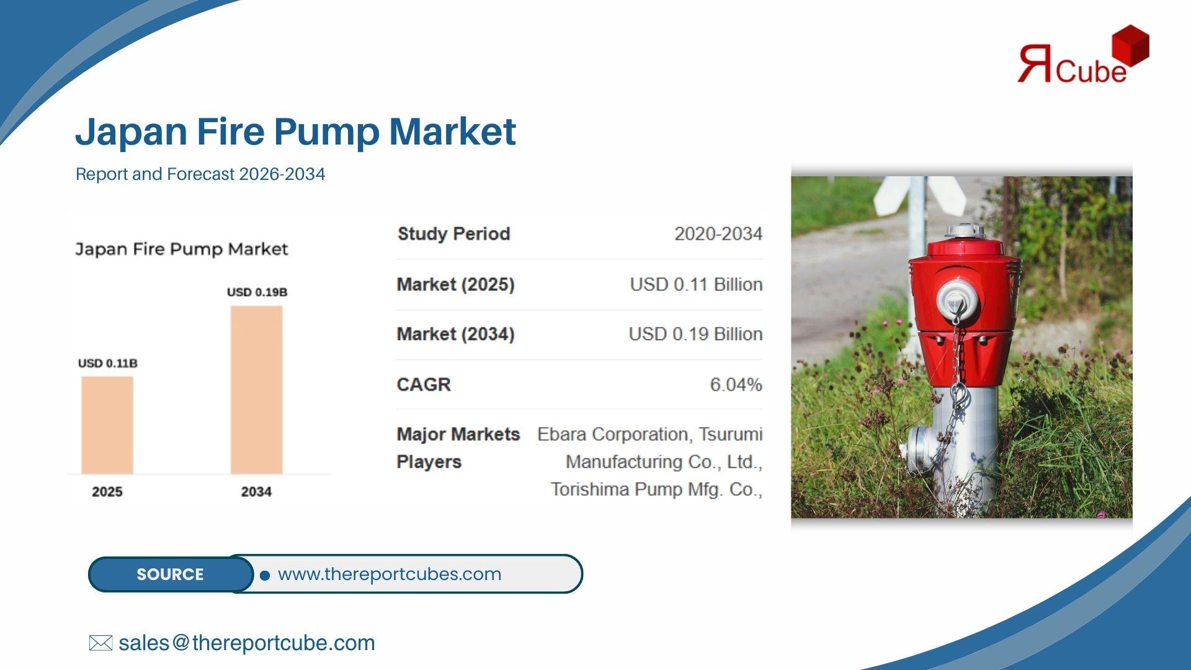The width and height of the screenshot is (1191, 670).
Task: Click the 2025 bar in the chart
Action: point(107,425)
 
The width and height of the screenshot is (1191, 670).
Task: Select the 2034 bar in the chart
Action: point(257,390)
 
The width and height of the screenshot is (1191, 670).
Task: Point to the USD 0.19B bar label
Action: point(257,292)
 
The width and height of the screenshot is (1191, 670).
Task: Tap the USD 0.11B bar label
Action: point(108,364)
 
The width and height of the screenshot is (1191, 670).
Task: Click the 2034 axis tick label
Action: point(256,492)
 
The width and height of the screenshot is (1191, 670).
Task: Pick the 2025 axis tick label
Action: point(107,492)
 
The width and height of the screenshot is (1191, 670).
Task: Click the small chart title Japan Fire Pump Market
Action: point(182,249)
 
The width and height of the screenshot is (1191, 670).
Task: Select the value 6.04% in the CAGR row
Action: point(736,385)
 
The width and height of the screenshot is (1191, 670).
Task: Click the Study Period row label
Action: point(453,234)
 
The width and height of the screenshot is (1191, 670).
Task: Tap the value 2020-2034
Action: point(718,234)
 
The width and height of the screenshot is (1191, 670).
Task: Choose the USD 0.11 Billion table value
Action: point(696,284)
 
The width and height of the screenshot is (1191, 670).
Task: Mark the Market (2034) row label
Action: point(455,334)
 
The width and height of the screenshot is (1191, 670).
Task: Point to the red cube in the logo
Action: point(1130,45)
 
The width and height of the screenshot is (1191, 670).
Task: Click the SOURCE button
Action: point(171,574)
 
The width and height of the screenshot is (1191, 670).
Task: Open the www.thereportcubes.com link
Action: point(390,574)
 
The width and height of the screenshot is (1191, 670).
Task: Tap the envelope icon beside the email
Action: point(100,643)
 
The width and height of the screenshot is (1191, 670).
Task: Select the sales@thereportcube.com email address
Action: point(247,643)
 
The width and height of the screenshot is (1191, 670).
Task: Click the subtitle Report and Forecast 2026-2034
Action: point(200,174)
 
